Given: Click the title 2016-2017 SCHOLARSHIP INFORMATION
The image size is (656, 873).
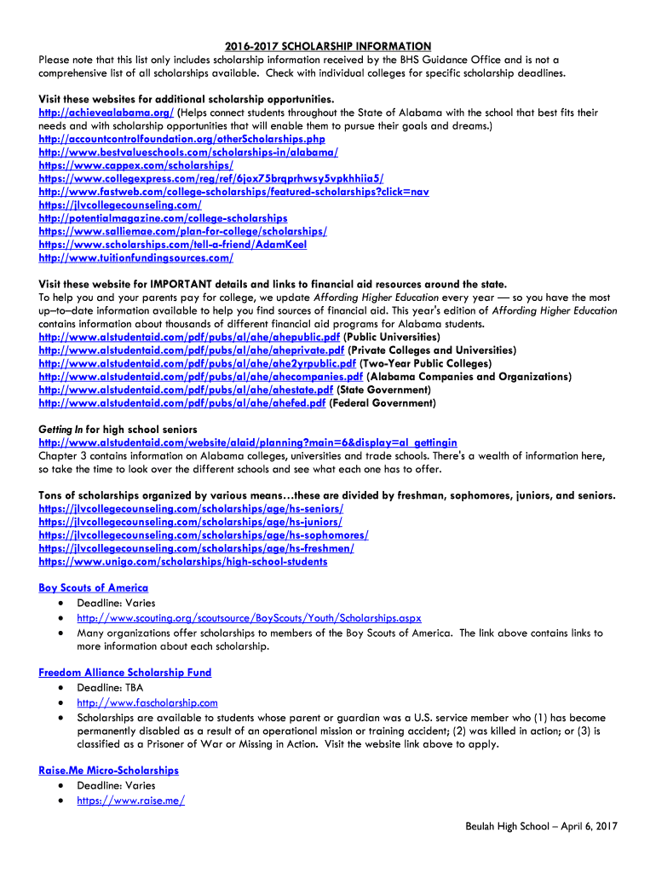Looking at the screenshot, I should click(328, 46).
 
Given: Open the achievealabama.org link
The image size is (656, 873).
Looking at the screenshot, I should click(106, 113).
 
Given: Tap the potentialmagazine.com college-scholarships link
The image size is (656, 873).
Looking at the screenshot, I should click(163, 218).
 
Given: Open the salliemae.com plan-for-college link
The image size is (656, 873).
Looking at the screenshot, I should click(182, 231).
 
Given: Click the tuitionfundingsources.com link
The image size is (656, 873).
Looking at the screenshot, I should click(135, 257).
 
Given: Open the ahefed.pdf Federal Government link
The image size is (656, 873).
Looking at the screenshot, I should click(182, 402).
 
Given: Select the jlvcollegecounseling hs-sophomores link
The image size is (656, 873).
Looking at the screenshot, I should click(204, 535).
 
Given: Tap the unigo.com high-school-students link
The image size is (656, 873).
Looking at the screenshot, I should click(182, 561).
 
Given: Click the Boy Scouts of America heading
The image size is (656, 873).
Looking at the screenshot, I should click(94, 587).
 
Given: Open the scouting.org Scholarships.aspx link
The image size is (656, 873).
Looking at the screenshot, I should click(249, 618).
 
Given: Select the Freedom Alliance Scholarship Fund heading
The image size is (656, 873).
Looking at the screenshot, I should click(124, 672).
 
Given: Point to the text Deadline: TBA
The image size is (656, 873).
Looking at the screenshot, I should click(110, 687).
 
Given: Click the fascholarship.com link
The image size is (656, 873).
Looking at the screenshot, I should click(147, 702).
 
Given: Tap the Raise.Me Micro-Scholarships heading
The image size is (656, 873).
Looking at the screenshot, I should click(109, 770).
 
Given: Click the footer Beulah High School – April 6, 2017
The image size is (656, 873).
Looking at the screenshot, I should click(541, 826).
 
